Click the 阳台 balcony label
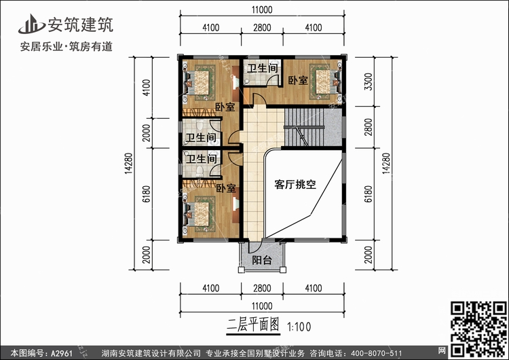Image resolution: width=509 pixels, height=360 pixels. tap(263, 260)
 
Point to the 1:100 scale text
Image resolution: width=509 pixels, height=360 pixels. tap(301, 325)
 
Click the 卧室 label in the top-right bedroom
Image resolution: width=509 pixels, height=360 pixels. tap(297, 81)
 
